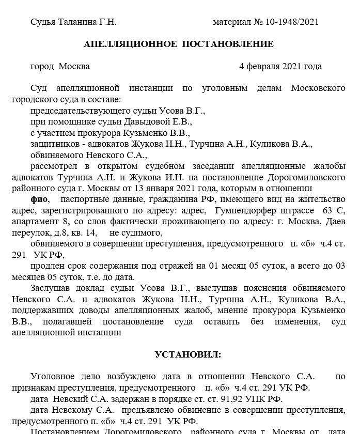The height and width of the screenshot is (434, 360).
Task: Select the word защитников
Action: click(52, 144)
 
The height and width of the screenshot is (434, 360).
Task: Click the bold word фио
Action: click(39, 199)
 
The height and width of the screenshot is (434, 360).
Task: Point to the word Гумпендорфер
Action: click(246, 211)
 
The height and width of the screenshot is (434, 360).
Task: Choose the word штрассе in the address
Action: click(296, 211)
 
